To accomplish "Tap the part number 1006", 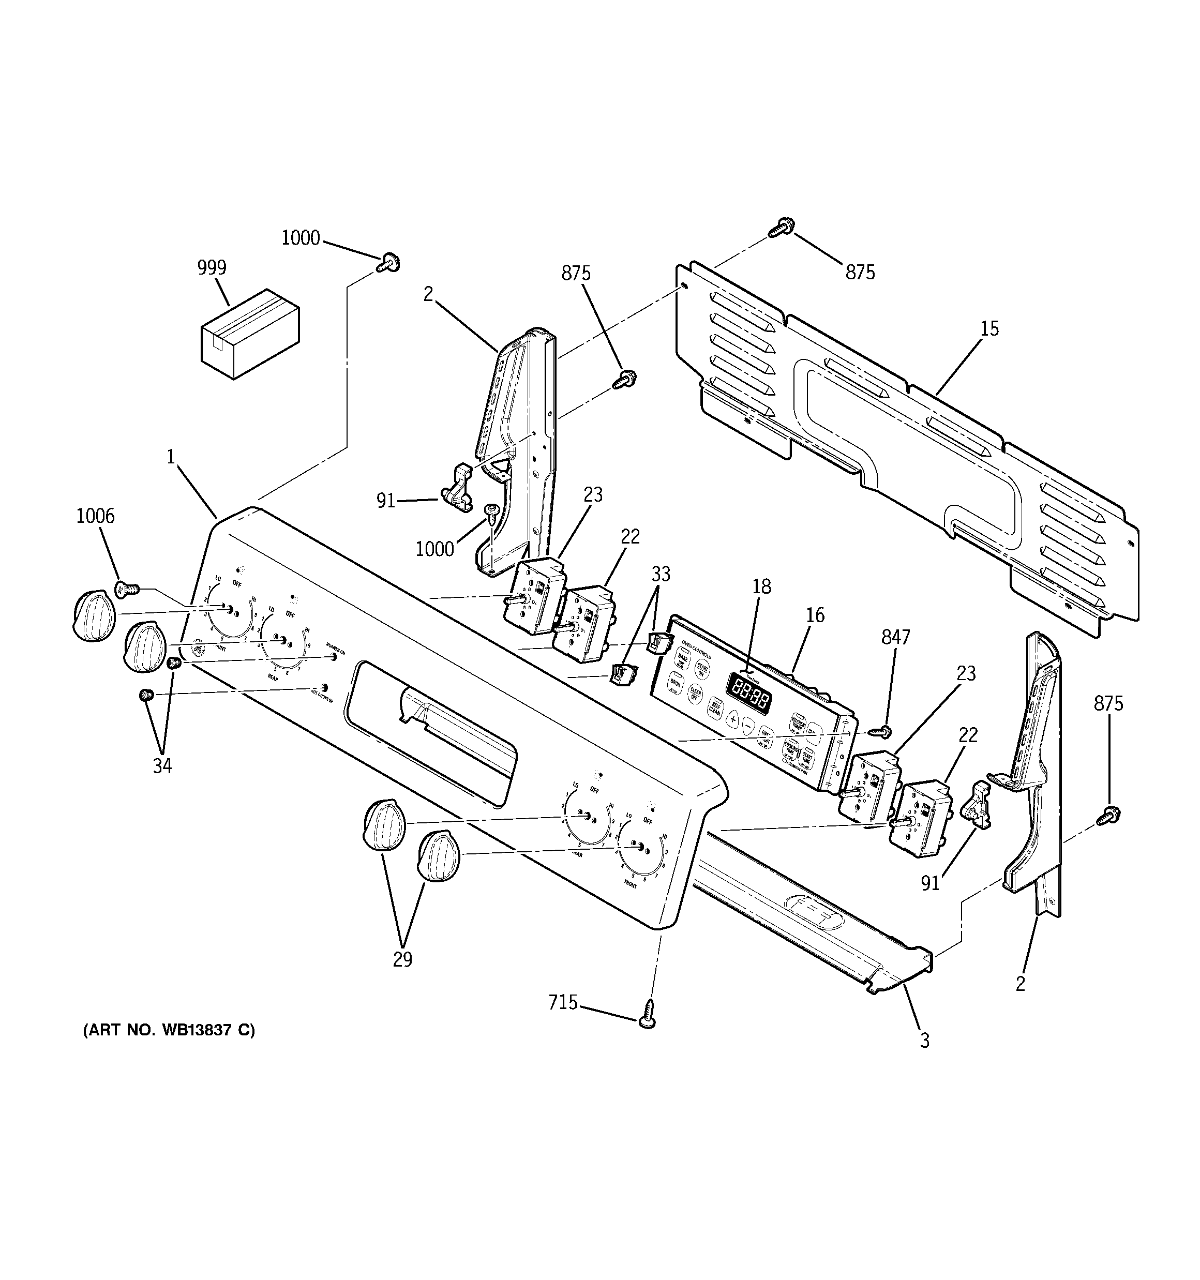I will coord(95,516).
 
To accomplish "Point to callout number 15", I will coord(989,329).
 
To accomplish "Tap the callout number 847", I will coord(895,638).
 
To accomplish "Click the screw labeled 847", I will coord(880,731).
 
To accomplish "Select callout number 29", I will coord(402,960).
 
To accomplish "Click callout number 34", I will coord(162,766).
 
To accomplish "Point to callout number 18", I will coord(761,586).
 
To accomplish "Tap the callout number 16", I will coord(815,615).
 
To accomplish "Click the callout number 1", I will coord(171,457).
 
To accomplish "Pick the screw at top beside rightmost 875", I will coord(785,227).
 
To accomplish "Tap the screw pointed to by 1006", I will coord(126,588).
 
